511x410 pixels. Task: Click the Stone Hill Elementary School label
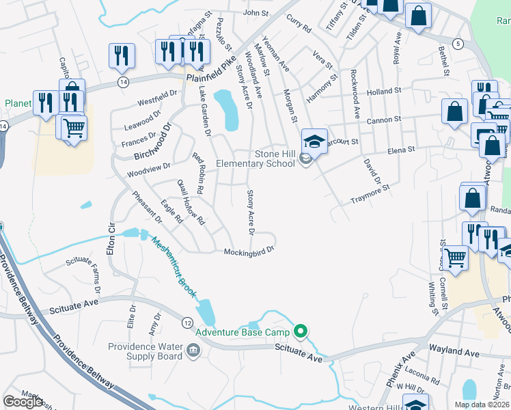(x=255, y=159)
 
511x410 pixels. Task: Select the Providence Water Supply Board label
(x=145, y=351)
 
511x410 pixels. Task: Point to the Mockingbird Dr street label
(x=249, y=251)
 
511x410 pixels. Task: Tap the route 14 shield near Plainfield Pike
(x=123, y=82)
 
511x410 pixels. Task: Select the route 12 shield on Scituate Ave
(x=187, y=322)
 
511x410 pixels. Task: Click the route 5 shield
(x=458, y=43)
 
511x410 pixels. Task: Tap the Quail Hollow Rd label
(x=191, y=202)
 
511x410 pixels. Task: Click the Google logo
(x=23, y=402)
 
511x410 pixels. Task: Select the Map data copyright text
(x=482, y=405)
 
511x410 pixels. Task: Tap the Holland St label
(x=383, y=92)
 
